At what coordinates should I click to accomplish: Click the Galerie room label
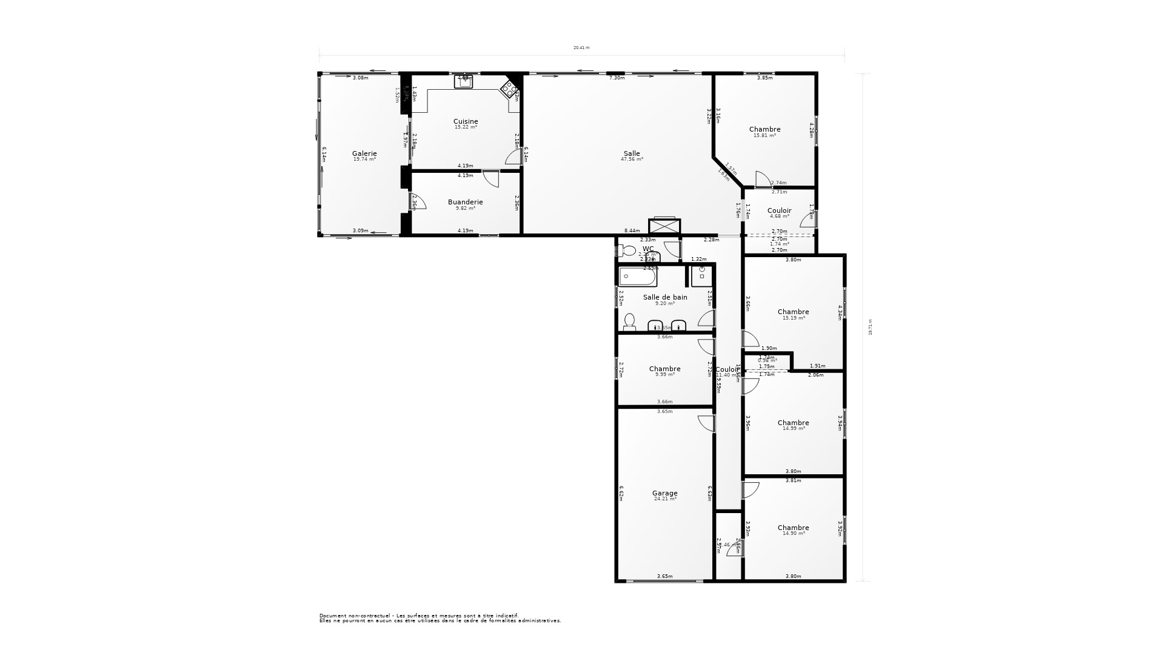coord(364,153)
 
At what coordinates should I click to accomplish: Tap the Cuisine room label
coord(466,121)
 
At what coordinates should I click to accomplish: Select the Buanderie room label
coord(466,202)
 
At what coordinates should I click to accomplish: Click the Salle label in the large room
coord(632,153)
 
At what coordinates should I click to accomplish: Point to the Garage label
coord(665,493)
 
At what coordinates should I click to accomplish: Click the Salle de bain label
coord(665,297)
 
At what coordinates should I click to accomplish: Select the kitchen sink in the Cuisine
coord(464,82)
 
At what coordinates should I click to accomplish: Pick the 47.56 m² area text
coord(632,159)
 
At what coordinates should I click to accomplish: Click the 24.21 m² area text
coord(665,499)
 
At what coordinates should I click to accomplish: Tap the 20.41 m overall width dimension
coord(581,47)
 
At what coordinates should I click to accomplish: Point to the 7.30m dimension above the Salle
coord(617,78)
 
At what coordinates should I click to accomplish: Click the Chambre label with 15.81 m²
coord(764,129)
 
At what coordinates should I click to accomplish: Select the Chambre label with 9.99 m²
coord(665,369)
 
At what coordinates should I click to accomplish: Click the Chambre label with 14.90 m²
coord(793,528)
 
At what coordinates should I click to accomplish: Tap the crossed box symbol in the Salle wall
coord(664,226)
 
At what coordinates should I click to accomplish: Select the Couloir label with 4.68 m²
coord(779,210)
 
